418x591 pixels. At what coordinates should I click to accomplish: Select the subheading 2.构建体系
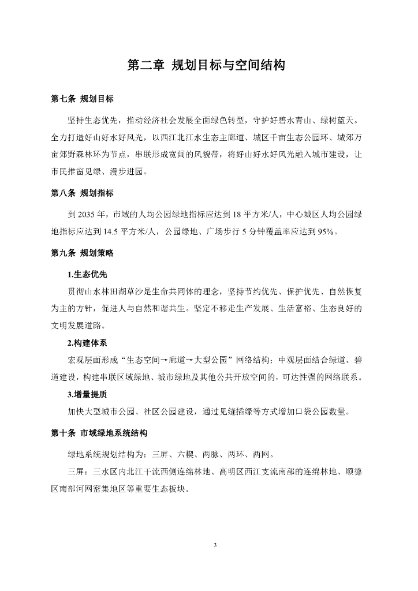click(x=87, y=343)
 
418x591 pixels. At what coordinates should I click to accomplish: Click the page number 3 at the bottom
click(x=214, y=544)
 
